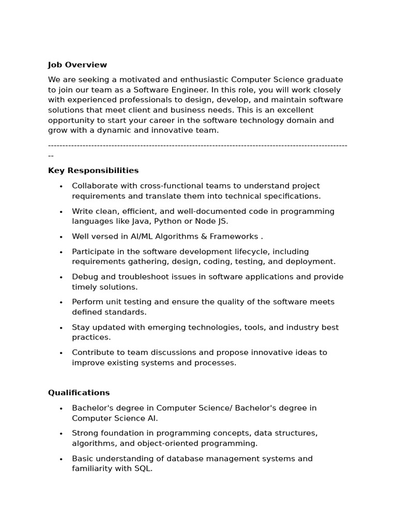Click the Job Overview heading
click(78, 65)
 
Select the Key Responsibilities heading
click(93, 170)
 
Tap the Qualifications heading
click(79, 393)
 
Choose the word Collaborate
click(92, 186)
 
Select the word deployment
click(313, 262)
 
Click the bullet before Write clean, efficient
click(61, 211)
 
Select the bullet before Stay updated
click(61, 328)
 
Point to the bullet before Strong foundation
click(61, 433)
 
